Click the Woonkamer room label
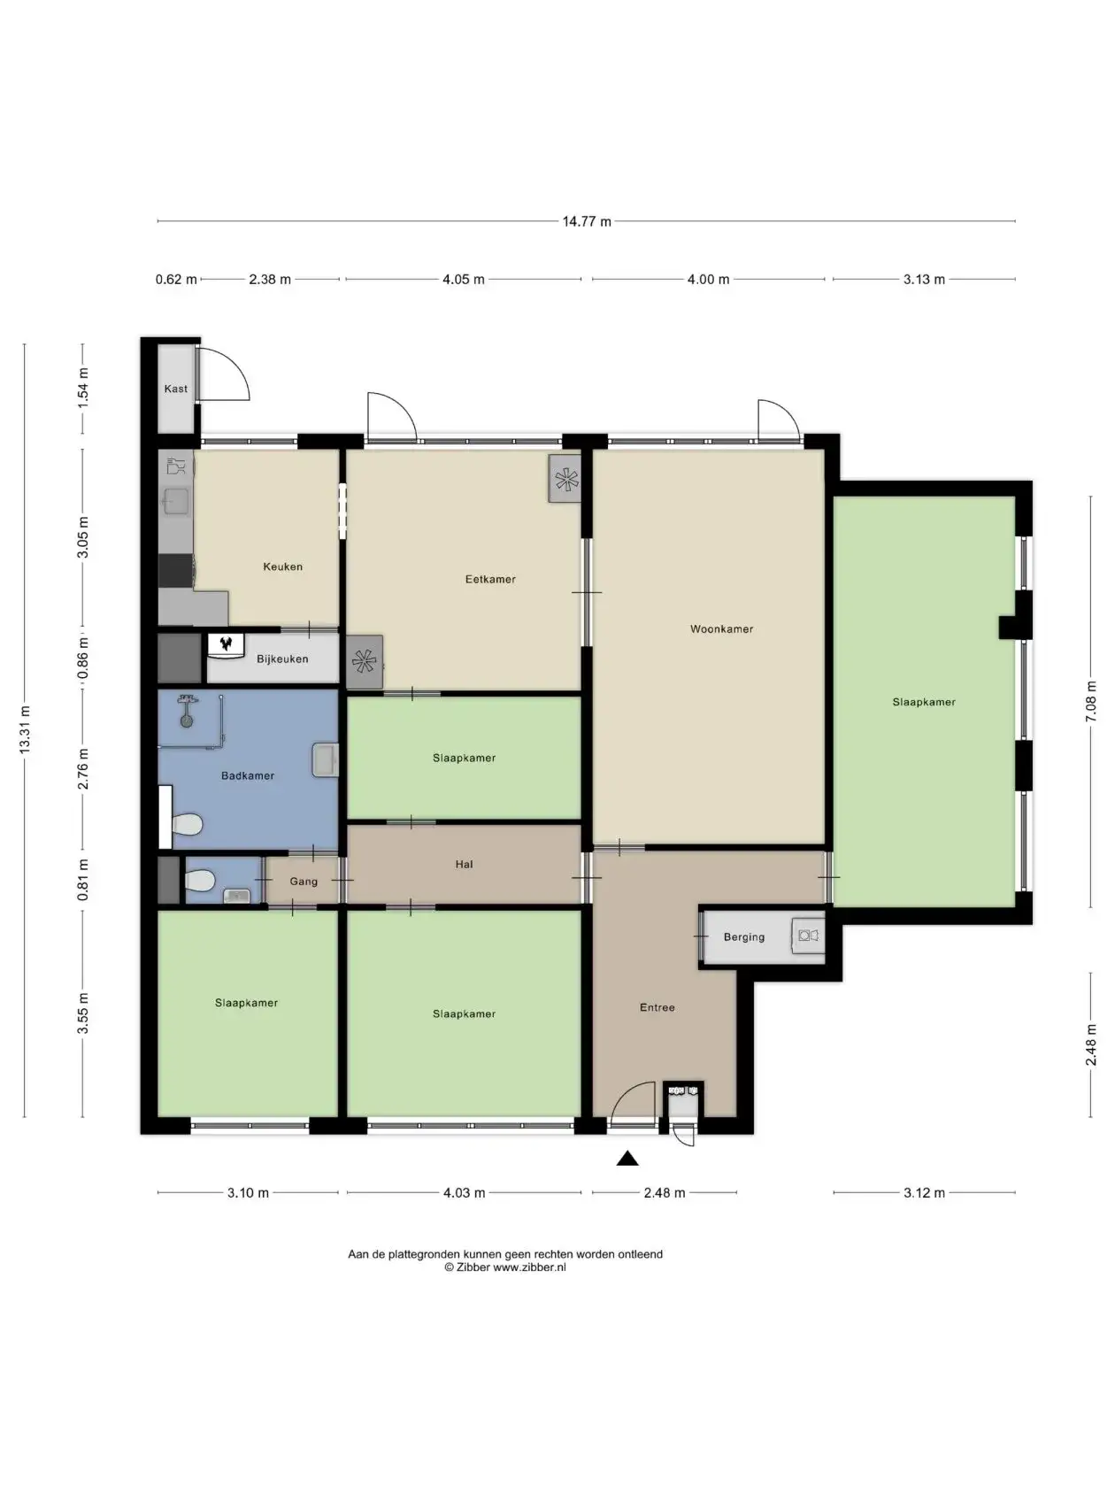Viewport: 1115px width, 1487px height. (721, 628)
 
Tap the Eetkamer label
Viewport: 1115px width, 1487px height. (490, 579)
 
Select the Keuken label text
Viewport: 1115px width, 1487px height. (282, 566)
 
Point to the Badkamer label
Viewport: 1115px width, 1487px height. (248, 775)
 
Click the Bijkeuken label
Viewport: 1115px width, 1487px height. (282, 659)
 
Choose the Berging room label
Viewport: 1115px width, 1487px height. (744, 937)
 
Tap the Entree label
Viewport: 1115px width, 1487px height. (657, 1007)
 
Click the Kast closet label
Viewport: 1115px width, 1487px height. (176, 389)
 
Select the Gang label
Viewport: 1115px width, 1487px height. (304, 882)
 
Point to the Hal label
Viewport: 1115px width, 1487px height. (464, 865)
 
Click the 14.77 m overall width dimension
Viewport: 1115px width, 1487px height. (587, 221)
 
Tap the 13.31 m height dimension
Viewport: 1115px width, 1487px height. (25, 729)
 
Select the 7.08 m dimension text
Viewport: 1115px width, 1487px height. (1090, 701)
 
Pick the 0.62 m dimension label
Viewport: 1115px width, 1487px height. (176, 279)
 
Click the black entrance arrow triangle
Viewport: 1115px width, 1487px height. (627, 1159)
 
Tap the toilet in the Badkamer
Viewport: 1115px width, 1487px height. (186, 825)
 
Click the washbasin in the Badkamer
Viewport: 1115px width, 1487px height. (325, 759)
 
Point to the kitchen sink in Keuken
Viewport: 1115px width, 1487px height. (176, 502)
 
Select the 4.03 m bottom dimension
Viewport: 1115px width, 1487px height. (464, 1193)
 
